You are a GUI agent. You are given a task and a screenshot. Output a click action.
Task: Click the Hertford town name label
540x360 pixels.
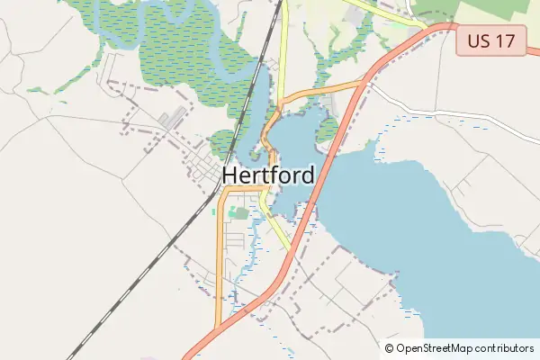coord(268,175)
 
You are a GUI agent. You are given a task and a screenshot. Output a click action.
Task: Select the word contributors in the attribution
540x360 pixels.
coord(504,347)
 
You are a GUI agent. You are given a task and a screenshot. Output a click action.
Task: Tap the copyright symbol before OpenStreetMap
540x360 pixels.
coord(390,347)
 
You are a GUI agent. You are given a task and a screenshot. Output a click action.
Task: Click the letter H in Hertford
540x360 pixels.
coord(230,175)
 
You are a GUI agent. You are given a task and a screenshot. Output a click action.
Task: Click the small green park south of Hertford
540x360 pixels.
coord(238,212)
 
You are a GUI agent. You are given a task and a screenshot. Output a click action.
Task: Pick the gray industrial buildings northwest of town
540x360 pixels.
coord(173,118)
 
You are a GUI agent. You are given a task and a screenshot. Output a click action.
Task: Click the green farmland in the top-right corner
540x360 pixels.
coord(504,11)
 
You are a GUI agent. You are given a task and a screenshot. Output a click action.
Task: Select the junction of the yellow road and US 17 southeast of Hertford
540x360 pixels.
coord(291,250)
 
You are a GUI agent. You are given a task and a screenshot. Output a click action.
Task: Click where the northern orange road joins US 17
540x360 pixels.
coord(365,82)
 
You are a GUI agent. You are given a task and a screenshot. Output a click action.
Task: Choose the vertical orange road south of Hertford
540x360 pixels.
coord(218,261)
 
